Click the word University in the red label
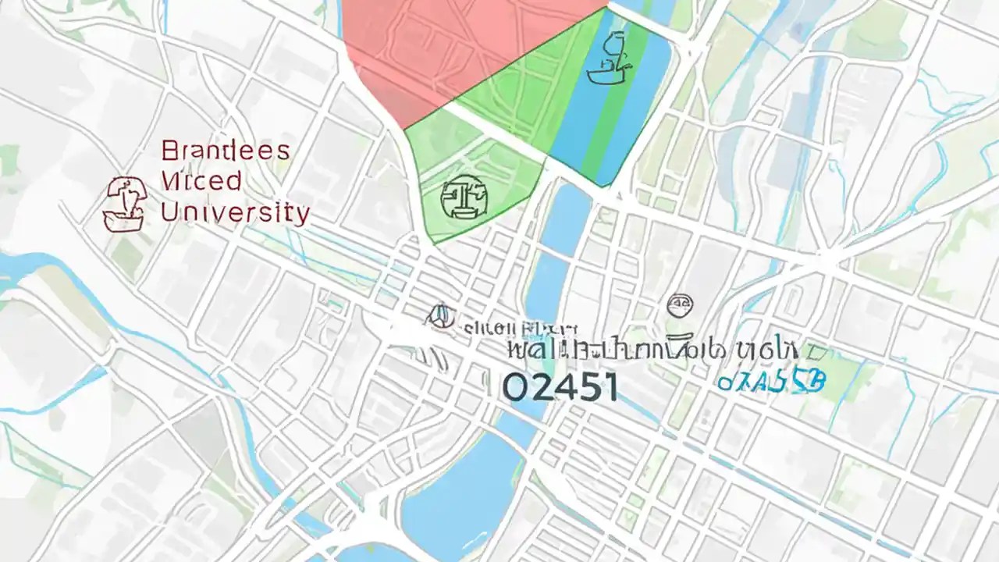[x=235, y=212]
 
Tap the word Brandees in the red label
[x=225, y=150]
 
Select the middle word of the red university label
[x=201, y=181]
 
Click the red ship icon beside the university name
[x=124, y=203]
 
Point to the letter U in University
[x=169, y=212]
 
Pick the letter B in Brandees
[x=169, y=150]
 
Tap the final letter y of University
[x=301, y=213]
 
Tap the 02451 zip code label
[x=560, y=387]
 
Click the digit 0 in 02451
[x=515, y=387]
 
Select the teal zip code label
[x=770, y=381]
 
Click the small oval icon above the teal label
[x=681, y=304]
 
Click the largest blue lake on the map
[x=460, y=500]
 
